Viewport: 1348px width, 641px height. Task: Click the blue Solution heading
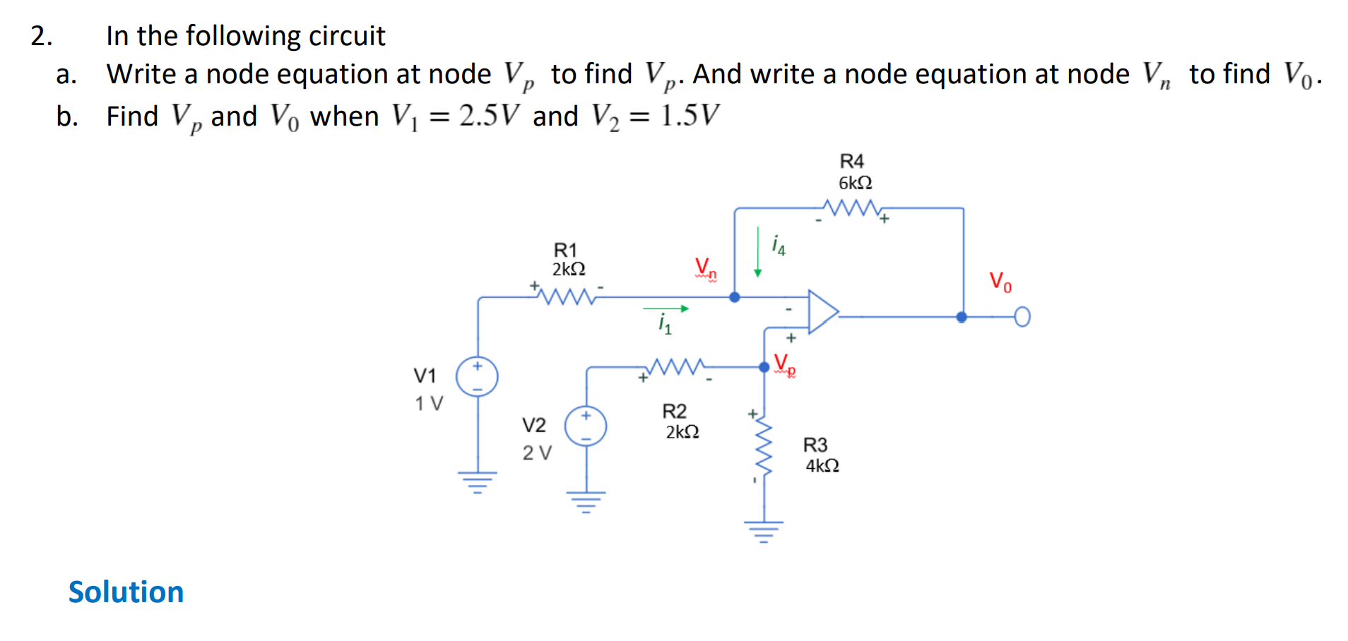[126, 592]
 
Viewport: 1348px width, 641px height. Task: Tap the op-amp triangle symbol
[822, 311]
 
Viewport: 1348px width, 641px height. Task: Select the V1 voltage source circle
[477, 376]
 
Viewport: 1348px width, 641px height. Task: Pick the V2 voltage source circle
[585, 426]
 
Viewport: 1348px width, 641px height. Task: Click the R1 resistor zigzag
[567, 295]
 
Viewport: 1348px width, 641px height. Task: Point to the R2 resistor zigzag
[676, 366]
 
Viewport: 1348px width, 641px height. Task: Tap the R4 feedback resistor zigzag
[852, 208]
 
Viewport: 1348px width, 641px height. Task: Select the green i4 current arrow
[757, 252]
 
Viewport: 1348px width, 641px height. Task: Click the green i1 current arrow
[665, 308]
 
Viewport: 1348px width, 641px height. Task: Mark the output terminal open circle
[1022, 318]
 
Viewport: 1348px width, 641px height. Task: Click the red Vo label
[1000, 281]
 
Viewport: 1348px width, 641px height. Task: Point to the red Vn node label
[704, 268]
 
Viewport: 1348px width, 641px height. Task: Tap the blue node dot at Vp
[764, 367]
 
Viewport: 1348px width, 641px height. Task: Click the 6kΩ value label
[855, 183]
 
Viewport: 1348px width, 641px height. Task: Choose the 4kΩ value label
[822, 466]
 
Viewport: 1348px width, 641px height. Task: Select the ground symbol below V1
[478, 482]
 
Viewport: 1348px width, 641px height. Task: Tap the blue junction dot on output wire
[962, 318]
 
